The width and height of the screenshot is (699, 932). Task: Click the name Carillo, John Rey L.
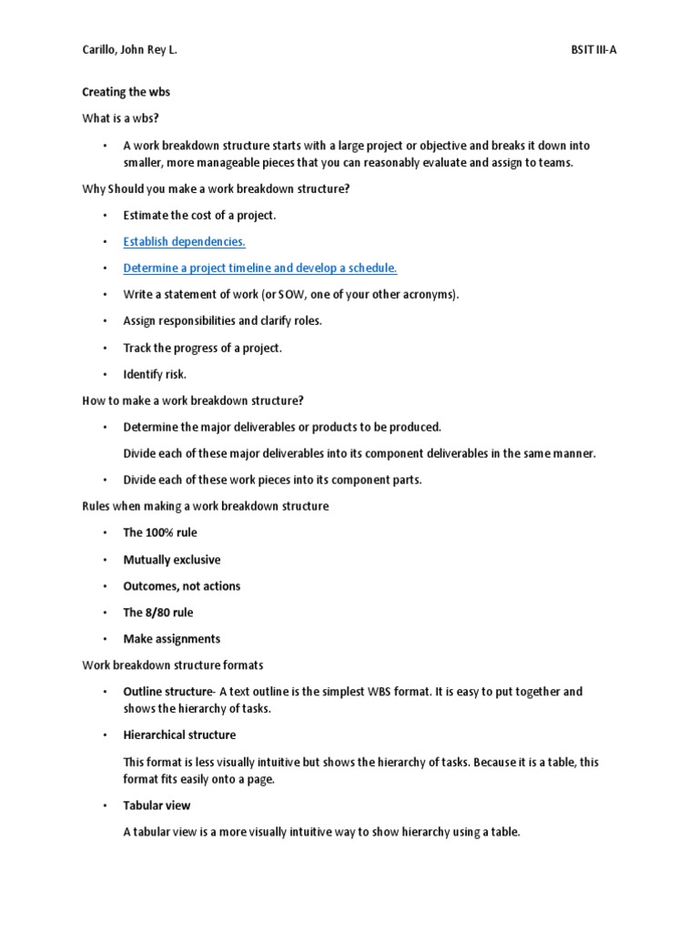tap(129, 49)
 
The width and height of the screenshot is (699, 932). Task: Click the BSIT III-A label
tap(587, 49)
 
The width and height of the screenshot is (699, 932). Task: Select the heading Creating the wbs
tap(126, 92)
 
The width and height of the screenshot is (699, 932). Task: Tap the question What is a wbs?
tap(120, 117)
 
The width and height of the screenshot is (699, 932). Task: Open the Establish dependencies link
tap(184, 241)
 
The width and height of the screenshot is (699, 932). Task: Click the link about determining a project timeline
tap(260, 268)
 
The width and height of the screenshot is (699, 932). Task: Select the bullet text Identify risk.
tap(154, 374)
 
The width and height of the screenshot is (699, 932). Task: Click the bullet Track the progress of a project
tap(202, 348)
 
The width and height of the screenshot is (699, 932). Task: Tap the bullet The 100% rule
tap(159, 532)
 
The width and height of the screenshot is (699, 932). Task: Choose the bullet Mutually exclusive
tap(171, 560)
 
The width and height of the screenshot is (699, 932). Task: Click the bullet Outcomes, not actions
tap(181, 586)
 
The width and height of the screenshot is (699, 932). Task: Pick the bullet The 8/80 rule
tap(157, 613)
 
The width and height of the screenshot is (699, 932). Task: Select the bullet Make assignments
tap(171, 639)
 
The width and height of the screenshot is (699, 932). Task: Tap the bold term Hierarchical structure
tap(179, 734)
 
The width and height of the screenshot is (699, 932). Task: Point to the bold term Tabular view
tap(157, 805)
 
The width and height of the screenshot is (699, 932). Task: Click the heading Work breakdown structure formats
tap(173, 665)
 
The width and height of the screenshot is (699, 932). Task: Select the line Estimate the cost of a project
tap(199, 215)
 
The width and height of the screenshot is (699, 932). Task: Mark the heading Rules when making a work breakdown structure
tap(206, 506)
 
